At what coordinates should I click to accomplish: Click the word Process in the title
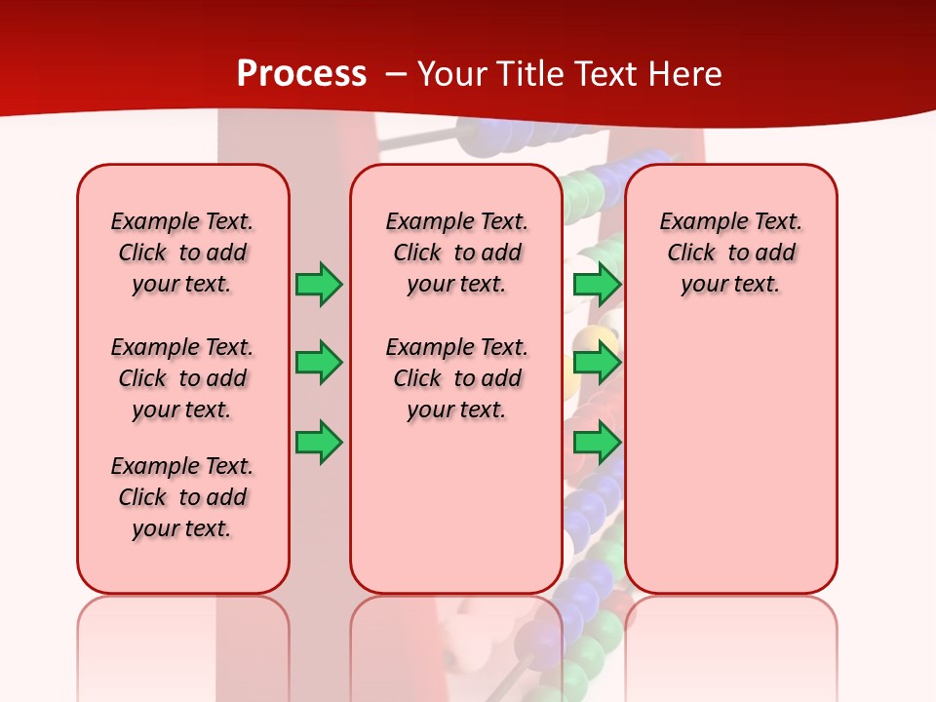(x=301, y=74)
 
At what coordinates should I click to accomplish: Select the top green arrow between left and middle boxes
(x=318, y=284)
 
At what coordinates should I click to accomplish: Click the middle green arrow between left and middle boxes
(x=318, y=364)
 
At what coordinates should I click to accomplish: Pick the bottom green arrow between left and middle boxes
(x=318, y=443)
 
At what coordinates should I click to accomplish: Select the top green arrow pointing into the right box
(x=597, y=284)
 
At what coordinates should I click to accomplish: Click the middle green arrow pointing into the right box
(x=597, y=364)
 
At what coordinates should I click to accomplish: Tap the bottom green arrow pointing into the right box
(x=597, y=443)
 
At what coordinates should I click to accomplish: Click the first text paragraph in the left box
(x=182, y=253)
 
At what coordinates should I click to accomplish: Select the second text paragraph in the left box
(x=182, y=378)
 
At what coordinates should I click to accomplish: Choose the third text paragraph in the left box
(x=182, y=497)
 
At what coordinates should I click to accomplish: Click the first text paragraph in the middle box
(x=456, y=253)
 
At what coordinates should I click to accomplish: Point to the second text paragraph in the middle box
(x=456, y=378)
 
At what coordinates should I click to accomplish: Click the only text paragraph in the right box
(x=730, y=253)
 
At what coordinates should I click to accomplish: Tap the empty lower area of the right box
(x=730, y=458)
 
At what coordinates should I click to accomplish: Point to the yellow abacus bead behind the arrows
(x=591, y=341)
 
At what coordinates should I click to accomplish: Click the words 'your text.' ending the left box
(x=182, y=528)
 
